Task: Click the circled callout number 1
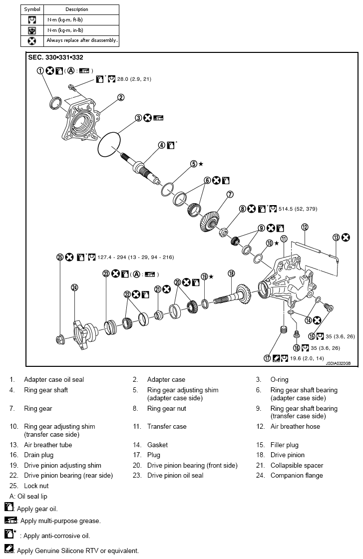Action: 40,71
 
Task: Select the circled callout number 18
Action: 231,273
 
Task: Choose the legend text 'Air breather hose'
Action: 295,427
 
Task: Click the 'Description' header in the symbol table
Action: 76,9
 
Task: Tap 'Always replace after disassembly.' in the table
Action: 82,40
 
